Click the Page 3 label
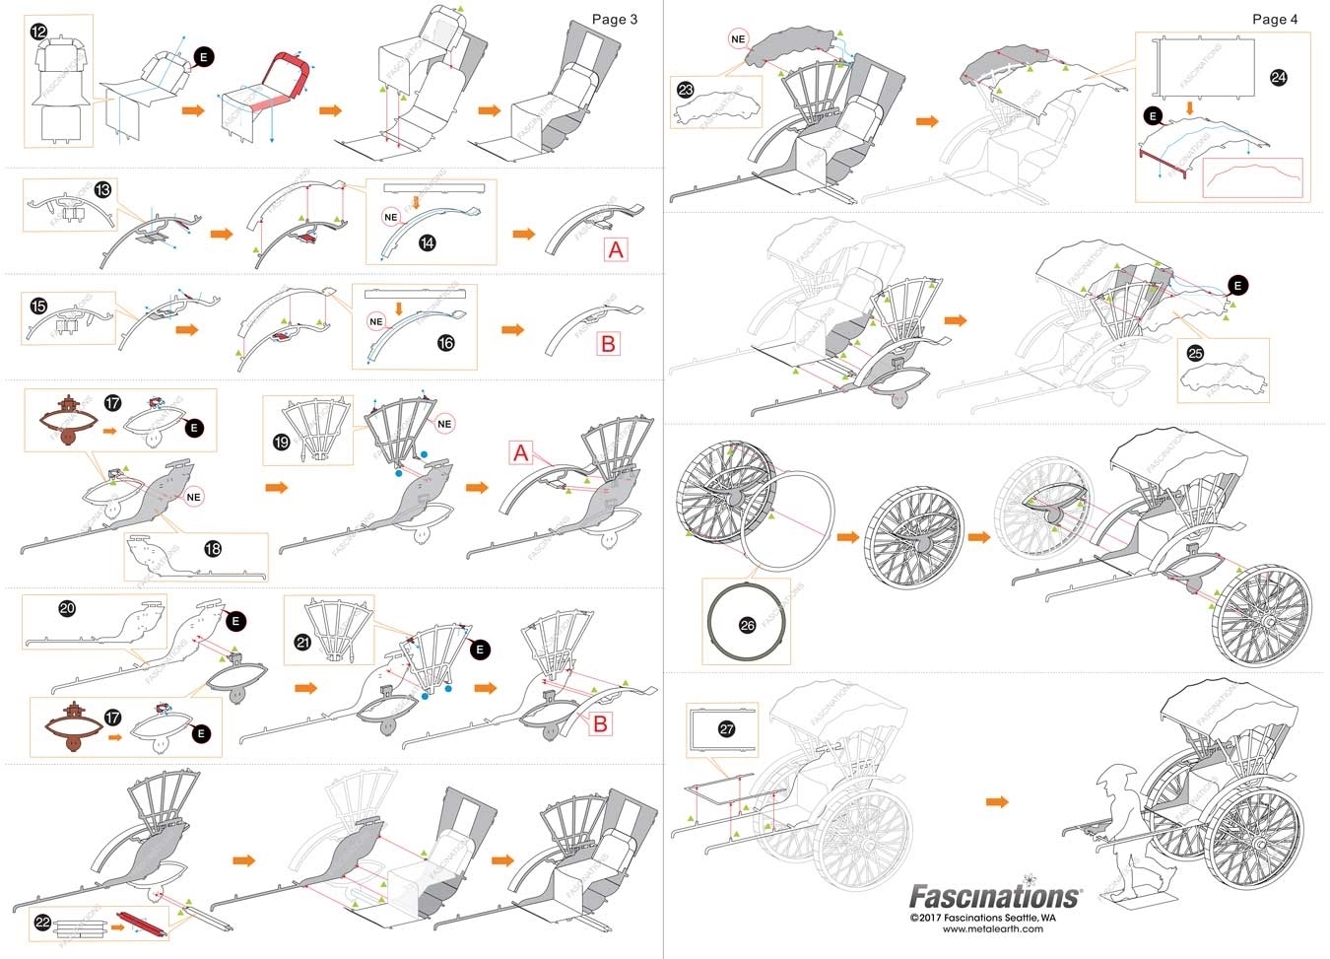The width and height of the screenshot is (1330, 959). pyautogui.click(x=614, y=19)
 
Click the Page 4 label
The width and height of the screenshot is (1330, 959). pyautogui.click(x=1274, y=19)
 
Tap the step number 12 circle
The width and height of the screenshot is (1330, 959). pyautogui.click(x=38, y=32)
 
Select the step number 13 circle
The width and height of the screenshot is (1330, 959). pyautogui.click(x=102, y=189)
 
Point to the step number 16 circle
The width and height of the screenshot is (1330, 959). pyautogui.click(x=445, y=342)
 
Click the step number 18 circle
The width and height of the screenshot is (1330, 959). pyautogui.click(x=212, y=549)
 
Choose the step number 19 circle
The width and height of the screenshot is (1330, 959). pyautogui.click(x=281, y=442)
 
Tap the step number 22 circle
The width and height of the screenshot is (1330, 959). pyautogui.click(x=42, y=922)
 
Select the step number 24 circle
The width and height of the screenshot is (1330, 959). pyautogui.click(x=1278, y=77)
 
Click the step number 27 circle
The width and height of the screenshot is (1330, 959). pyautogui.click(x=726, y=728)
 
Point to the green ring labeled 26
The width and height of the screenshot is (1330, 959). pyautogui.click(x=746, y=624)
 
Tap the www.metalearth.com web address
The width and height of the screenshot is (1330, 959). pyautogui.click(x=992, y=928)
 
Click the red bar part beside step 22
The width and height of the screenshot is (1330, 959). pyautogui.click(x=135, y=925)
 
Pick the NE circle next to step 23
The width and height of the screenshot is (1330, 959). pyautogui.click(x=738, y=39)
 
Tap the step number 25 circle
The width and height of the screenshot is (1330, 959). pyautogui.click(x=1194, y=353)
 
